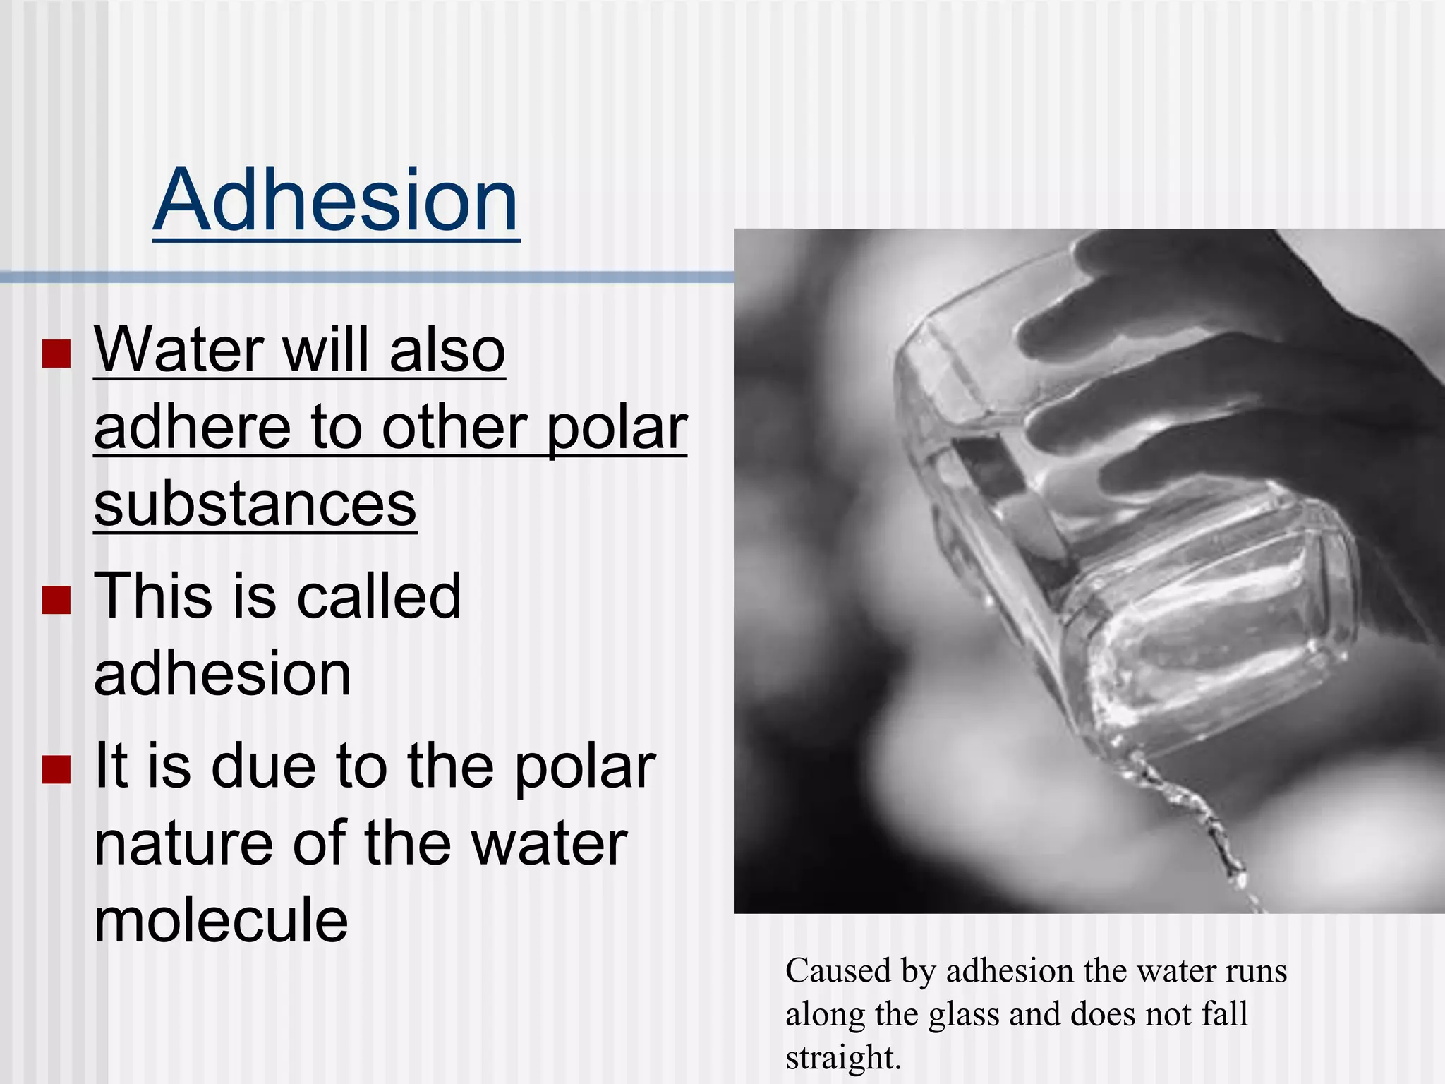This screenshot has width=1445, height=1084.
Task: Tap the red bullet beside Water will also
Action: (x=56, y=354)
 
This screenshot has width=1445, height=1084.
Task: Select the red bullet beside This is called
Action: (x=56, y=600)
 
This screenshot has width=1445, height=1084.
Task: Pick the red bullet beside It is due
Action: (x=56, y=770)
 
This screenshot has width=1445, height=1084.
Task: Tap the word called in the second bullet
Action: (x=378, y=597)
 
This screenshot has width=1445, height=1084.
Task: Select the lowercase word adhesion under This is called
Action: (x=222, y=674)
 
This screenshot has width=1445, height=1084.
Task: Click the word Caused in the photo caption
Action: (x=838, y=971)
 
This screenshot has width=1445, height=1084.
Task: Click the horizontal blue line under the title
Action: (x=367, y=277)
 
